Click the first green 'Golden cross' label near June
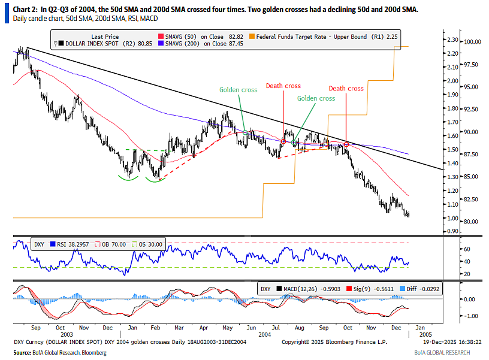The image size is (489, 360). [x=239, y=90]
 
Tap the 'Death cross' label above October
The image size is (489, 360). [x=346, y=89]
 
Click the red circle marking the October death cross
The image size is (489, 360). [x=346, y=144]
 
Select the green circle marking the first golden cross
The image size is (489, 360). [x=245, y=132]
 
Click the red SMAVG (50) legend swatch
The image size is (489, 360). [x=161, y=37]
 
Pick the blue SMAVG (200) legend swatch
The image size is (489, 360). [x=161, y=44]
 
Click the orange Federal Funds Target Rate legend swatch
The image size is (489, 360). [x=252, y=37]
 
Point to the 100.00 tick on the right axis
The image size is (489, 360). [x=472, y=42]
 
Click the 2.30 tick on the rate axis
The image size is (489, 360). [x=452, y=40]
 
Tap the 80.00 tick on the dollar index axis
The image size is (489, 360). [x=471, y=222]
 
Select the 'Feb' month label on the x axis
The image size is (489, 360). [x=155, y=328]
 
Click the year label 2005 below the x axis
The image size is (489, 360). [x=425, y=334]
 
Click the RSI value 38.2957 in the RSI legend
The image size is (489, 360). [x=79, y=244]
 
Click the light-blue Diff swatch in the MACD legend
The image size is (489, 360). [x=402, y=289]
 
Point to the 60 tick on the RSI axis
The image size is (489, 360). [x=467, y=249]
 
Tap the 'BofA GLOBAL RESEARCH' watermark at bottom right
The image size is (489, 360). [x=442, y=353]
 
